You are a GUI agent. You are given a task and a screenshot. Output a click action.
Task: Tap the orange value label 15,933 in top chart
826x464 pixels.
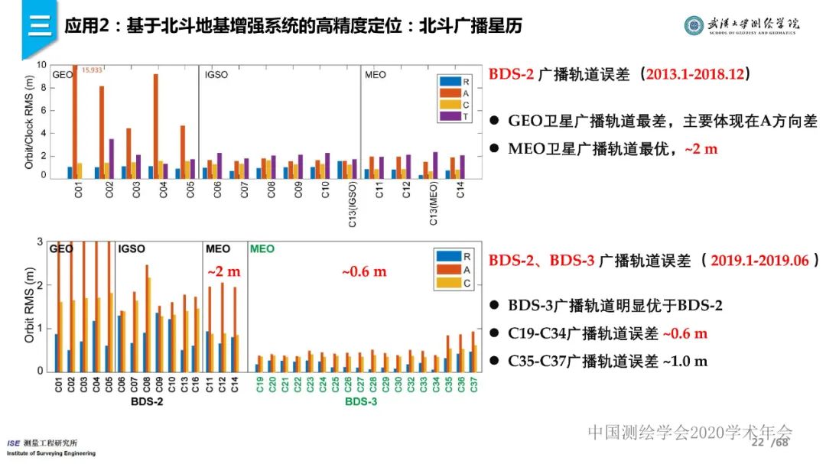(92, 70)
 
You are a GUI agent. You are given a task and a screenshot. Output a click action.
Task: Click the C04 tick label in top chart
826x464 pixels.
(164, 190)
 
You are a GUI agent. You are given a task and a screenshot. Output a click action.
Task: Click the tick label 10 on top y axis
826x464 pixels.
(41, 65)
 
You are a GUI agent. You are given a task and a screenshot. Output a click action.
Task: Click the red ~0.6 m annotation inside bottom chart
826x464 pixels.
(363, 271)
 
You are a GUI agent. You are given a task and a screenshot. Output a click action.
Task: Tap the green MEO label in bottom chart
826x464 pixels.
(262, 249)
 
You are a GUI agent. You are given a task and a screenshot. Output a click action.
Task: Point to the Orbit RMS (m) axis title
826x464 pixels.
(30, 307)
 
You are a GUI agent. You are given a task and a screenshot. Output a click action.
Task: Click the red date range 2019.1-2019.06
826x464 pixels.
(759, 260)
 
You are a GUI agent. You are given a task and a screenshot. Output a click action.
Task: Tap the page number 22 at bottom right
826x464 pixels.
(758, 443)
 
